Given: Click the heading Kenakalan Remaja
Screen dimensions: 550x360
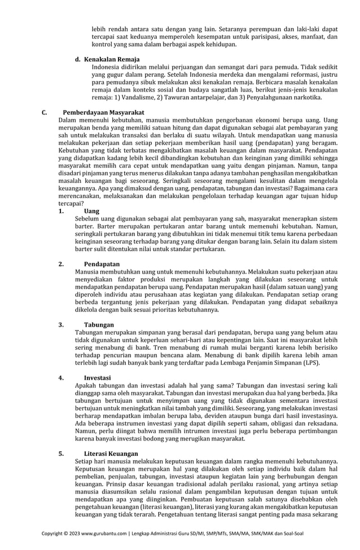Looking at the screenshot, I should pos(112,59).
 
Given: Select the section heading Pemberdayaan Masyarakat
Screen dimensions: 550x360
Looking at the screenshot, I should pos(103,112).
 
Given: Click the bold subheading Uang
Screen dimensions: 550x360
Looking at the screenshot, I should pos(91,210).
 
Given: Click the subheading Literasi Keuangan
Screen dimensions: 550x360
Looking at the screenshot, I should pos(111,453).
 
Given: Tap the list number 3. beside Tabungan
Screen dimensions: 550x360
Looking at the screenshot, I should pos(61,325).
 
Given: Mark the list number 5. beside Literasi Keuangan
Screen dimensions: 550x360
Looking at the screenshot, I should pos(61,453).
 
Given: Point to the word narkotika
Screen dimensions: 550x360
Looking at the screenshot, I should pos(306,97).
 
